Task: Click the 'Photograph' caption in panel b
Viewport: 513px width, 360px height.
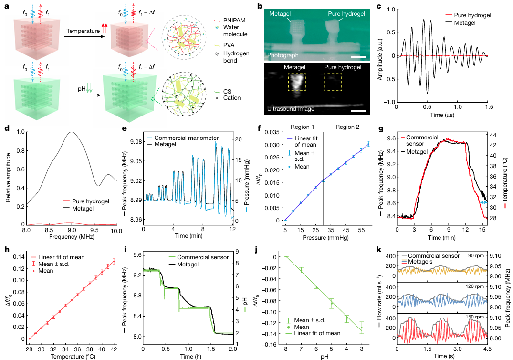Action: click(x=283, y=55)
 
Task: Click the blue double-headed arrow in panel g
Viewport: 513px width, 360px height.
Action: click(x=483, y=203)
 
